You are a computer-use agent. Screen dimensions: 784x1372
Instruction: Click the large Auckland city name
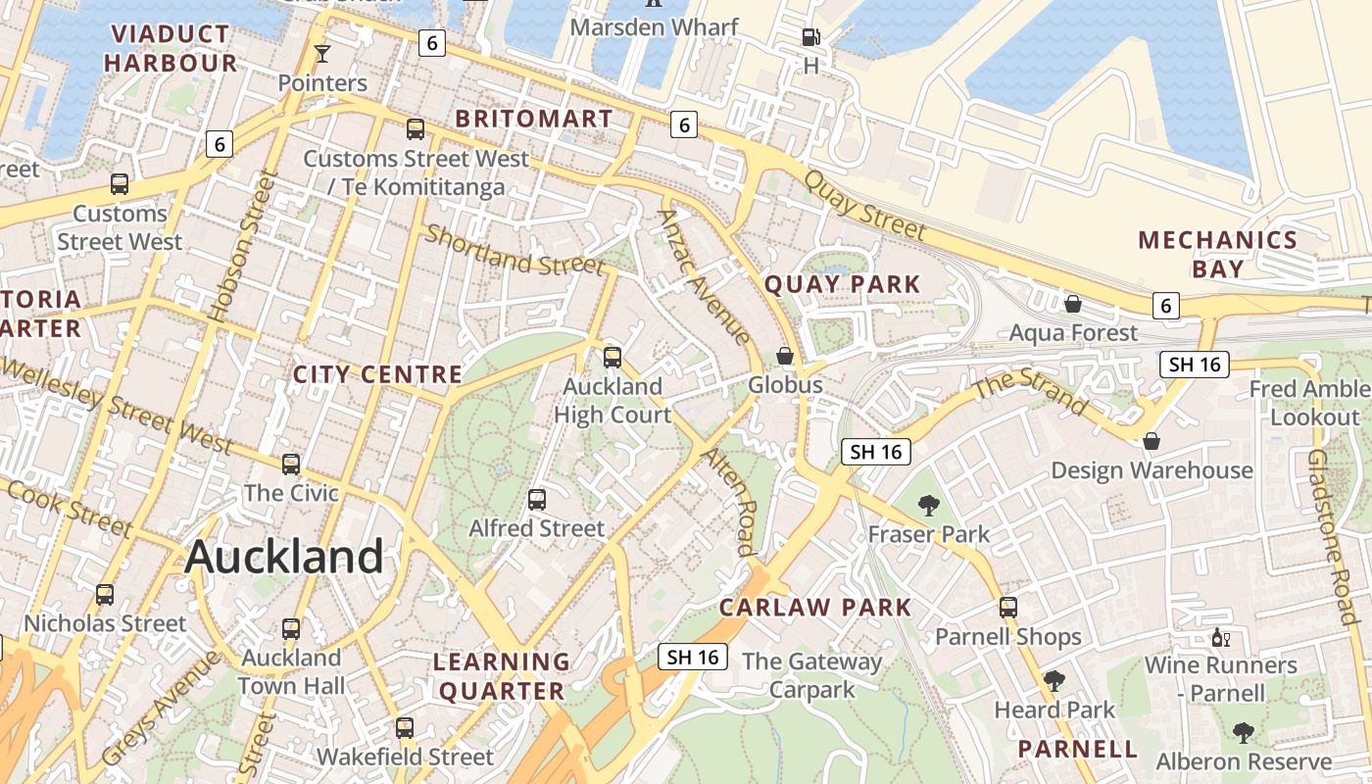[x=283, y=557]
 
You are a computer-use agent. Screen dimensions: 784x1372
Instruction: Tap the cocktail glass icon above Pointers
[x=321, y=53]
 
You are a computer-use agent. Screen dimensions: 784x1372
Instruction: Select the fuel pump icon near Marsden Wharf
[x=810, y=38]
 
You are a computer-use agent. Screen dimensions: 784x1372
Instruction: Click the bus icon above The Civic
[x=291, y=464]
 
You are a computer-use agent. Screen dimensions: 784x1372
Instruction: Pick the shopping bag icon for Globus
[x=785, y=355]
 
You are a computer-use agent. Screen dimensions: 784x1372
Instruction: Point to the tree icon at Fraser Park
[x=928, y=506]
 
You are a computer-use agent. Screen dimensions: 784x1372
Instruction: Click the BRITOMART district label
[x=534, y=119]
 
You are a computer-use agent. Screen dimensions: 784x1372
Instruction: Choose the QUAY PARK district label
[x=842, y=284]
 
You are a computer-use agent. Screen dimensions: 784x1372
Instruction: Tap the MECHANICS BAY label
[x=1217, y=254]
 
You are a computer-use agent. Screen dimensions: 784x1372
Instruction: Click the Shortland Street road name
[x=514, y=251]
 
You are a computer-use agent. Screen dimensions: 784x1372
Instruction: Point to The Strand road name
[x=1032, y=389]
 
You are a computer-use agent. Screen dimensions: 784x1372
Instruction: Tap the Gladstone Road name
[x=1334, y=537]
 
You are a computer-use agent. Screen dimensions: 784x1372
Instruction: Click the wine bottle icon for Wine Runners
[x=1220, y=638]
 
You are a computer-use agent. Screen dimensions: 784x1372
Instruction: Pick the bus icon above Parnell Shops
[x=1008, y=608]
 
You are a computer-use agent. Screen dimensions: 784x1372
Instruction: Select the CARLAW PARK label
[x=815, y=608]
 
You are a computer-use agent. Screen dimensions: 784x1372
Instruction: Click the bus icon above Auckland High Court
[x=612, y=358]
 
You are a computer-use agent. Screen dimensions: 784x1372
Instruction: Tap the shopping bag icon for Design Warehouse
[x=1151, y=441]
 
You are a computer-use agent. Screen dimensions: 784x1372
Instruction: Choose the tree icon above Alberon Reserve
[x=1244, y=732]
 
